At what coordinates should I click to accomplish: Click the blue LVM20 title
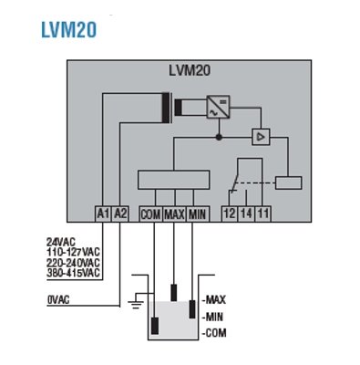coord(69,29)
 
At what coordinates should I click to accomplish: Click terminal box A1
coord(103,214)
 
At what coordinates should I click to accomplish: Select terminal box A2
coord(120,214)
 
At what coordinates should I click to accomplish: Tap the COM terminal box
coord(150,214)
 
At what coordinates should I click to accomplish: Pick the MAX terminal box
coord(174,214)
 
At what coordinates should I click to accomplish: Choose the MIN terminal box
coord(198,214)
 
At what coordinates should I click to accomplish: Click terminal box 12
coord(229,214)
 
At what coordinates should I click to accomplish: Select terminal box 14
coord(246,214)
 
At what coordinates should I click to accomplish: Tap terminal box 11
coord(262,214)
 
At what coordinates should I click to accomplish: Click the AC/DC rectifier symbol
coord(218,107)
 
